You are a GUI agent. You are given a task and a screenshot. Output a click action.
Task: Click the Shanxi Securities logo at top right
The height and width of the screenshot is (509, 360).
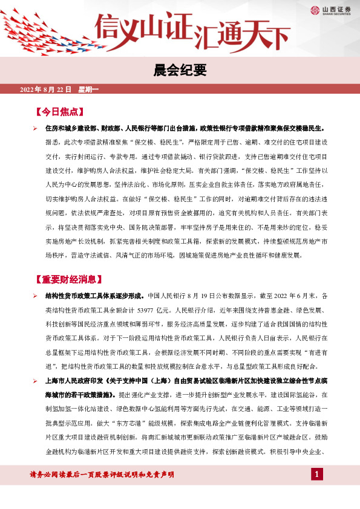(329, 9)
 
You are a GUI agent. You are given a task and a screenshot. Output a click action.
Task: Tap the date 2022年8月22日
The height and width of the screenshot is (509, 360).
(46, 89)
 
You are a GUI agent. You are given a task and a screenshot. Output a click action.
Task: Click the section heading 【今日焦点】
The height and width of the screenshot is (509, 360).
(59, 112)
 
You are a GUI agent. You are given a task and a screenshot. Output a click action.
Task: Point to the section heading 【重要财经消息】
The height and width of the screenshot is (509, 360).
(67, 280)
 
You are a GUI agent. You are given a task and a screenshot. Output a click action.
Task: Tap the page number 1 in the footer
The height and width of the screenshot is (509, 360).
(316, 473)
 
